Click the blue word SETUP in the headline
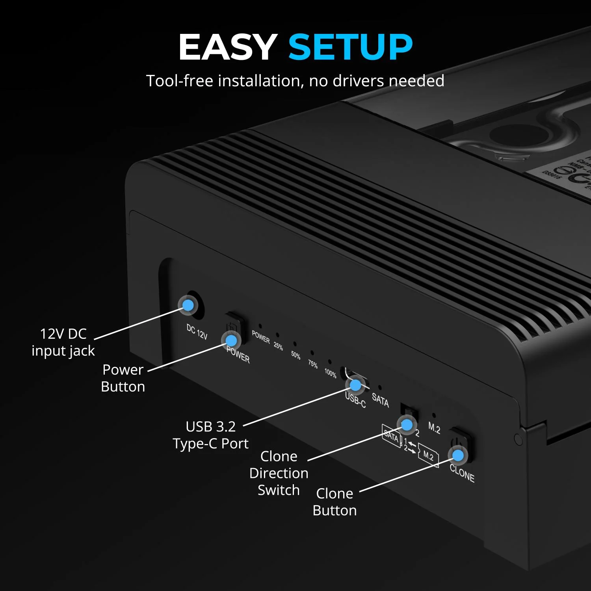pyautogui.click(x=350, y=47)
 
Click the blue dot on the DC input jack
pyautogui.click(x=188, y=305)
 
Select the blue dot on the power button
pyautogui.click(x=231, y=340)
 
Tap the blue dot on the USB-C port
pyautogui.click(x=355, y=385)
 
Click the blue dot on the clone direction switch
pyautogui.click(x=407, y=425)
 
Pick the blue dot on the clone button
pyautogui.click(x=458, y=455)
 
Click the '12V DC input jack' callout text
pyautogui.click(x=63, y=342)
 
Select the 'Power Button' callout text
pyautogui.click(x=123, y=378)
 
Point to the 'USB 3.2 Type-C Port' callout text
pyautogui.click(x=210, y=435)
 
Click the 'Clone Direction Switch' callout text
pyautogui.click(x=279, y=473)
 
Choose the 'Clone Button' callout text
pyautogui.click(x=335, y=502)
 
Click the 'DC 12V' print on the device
pyautogui.click(x=197, y=332)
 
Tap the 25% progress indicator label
pyautogui.click(x=278, y=346)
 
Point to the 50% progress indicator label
pyautogui.click(x=295, y=355)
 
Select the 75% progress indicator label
pyautogui.click(x=313, y=364)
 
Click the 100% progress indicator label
pyautogui.click(x=330, y=373)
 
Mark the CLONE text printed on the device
pyautogui.click(x=462, y=473)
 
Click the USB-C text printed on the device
pyautogui.click(x=355, y=400)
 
